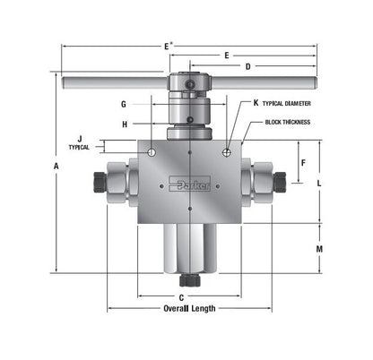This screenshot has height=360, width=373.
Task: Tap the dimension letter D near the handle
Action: tap(247, 65)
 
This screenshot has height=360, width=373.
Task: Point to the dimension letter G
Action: tap(123, 104)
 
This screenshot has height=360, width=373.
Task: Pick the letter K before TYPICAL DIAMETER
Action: tap(256, 103)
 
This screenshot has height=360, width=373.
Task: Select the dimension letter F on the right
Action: tap(303, 163)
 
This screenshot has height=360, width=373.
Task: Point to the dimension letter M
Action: tap(320, 248)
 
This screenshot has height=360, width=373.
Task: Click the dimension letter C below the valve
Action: tap(181, 296)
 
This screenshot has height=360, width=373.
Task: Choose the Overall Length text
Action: tap(189, 308)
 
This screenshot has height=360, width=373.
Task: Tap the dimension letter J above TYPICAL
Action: tap(80, 138)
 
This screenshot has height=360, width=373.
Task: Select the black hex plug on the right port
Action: tap(279, 183)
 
